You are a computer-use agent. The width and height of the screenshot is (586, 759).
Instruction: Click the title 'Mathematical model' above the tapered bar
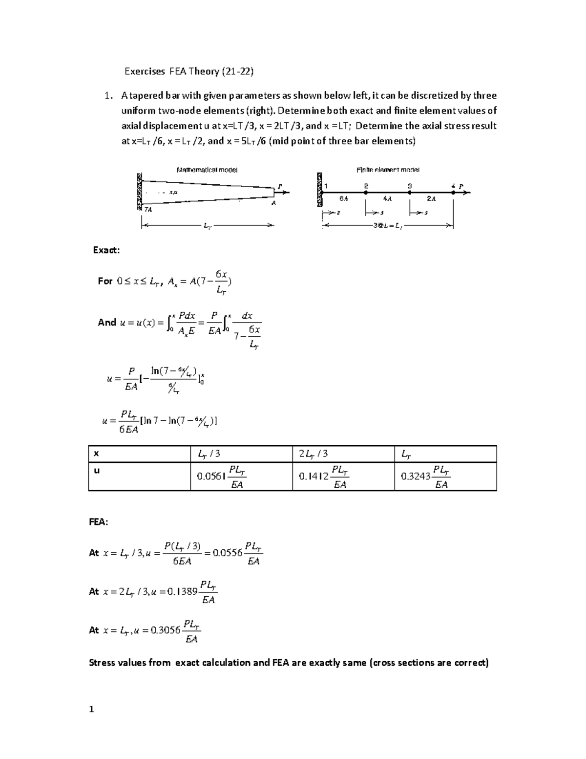207,170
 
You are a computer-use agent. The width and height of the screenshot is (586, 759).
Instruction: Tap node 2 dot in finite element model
366,193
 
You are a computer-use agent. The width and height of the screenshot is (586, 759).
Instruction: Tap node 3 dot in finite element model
410,193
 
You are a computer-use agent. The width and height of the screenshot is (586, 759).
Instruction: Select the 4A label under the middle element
387,199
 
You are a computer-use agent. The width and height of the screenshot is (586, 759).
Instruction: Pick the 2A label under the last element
431,199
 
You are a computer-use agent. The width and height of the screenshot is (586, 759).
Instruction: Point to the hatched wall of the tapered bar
140,192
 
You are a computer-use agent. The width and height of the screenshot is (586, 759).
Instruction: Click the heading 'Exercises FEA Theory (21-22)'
189,71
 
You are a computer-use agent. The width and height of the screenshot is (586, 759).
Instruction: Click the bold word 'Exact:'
106,250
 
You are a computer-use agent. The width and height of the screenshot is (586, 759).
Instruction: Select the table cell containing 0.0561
241,476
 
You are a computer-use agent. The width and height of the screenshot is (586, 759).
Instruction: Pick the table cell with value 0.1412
343,476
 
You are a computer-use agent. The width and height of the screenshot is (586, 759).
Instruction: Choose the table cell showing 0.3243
445,476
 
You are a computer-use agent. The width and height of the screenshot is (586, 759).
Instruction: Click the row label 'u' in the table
97,470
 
